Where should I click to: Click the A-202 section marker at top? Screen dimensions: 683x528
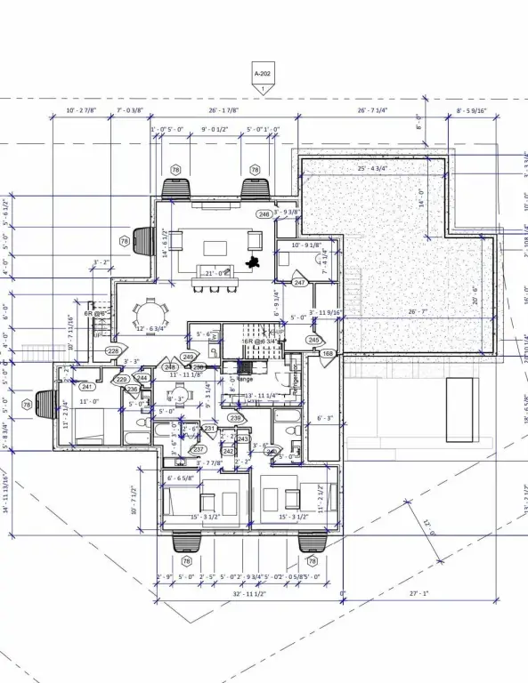pos(263,75)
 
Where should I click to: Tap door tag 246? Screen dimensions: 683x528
pos(264,214)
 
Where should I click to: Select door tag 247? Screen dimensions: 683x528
pos(300,283)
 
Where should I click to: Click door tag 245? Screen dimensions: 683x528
pos(313,340)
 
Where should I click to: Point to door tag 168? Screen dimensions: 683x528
pos(328,354)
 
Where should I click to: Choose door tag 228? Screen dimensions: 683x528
pos(113,351)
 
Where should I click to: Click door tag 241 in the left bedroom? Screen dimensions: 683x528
pos(86,387)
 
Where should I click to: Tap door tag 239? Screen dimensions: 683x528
pos(235,418)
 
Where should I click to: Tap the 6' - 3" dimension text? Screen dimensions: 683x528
pos(326,417)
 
